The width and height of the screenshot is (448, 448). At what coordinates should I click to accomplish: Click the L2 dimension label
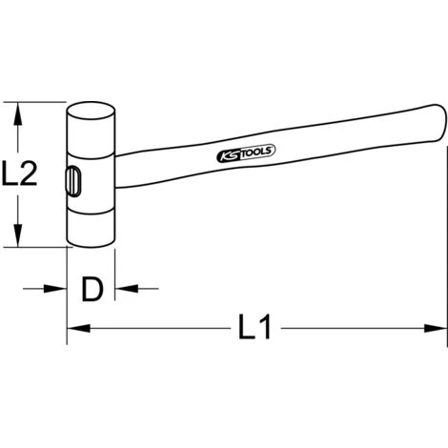(20, 173)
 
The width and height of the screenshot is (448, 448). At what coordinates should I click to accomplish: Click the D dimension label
(92, 289)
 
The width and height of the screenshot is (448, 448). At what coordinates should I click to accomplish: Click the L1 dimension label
(255, 326)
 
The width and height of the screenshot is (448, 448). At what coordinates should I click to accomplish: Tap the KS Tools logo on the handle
(246, 153)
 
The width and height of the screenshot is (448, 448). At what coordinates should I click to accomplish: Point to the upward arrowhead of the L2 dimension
(18, 112)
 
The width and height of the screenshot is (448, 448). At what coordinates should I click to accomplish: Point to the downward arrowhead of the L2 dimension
(18, 235)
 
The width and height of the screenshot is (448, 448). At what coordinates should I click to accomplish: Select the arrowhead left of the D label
(54, 289)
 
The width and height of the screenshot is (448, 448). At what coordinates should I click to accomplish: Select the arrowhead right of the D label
(126, 289)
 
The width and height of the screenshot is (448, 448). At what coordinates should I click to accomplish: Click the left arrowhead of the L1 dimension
(79, 328)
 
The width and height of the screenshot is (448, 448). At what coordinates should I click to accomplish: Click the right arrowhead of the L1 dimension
(436, 328)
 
